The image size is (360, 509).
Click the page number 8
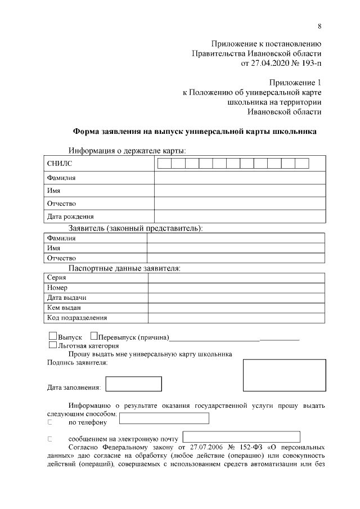tap(319, 26)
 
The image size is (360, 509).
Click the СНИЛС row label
tap(59, 164)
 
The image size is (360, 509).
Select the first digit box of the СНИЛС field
tap(164, 164)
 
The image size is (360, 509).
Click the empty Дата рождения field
tap(240, 216)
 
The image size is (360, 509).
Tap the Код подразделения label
tap(69, 318)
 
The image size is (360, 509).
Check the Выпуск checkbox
tap(53, 336)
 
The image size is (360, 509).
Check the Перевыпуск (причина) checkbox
tap(94, 336)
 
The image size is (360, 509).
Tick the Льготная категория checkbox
tap(53, 345)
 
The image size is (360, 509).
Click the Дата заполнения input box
tap(134, 384)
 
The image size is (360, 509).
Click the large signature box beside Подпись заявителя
tap(284, 375)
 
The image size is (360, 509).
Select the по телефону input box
tap(164, 418)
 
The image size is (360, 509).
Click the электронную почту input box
tap(241, 437)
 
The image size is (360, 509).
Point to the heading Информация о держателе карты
tap(127, 150)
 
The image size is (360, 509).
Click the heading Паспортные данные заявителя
tap(124, 268)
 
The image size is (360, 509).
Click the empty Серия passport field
tap(236, 278)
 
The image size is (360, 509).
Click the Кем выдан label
tap(64, 308)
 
